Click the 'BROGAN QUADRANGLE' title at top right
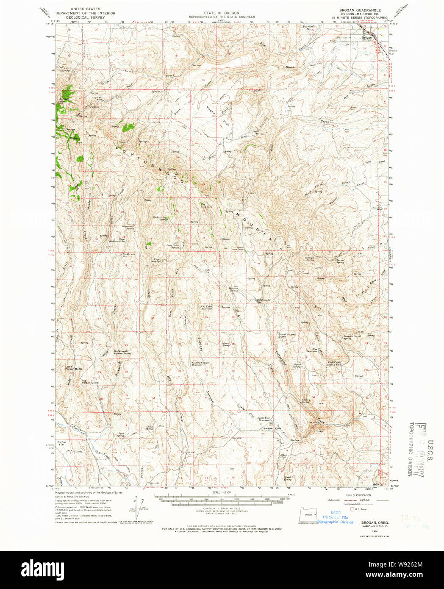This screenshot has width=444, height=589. [x=360, y=10]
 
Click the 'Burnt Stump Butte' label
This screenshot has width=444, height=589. [x=287, y=335]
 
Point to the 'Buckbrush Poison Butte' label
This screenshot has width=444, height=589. [x=122, y=352]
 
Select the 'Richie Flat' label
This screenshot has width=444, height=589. [x=62, y=443]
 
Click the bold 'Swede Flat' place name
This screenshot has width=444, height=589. [x=272, y=428]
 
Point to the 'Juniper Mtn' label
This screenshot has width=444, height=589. [x=63, y=100]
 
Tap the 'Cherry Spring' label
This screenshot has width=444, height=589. [x=305, y=400]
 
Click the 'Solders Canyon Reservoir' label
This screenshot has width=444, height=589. [x=200, y=364]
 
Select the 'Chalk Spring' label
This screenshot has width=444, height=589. [x=150, y=428]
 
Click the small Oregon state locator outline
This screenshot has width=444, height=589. [x=308, y=514]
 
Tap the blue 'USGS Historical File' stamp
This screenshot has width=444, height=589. [x=335, y=517]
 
